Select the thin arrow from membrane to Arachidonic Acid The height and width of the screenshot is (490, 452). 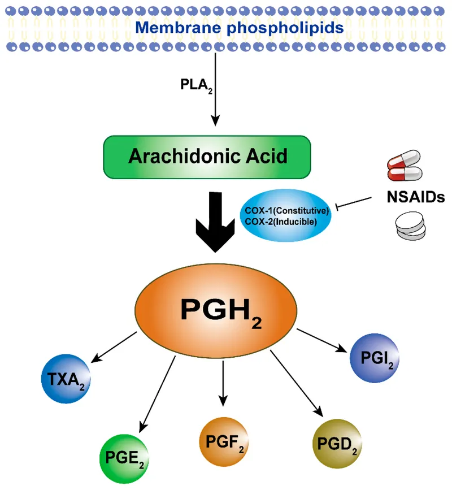pyautogui.click(x=215, y=96)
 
